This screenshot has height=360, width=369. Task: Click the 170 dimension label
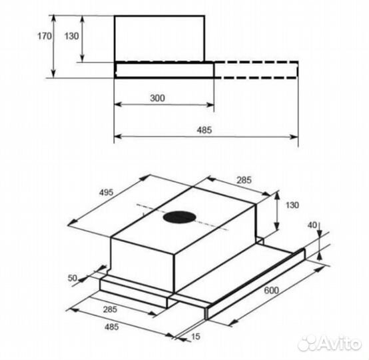pos(45,36)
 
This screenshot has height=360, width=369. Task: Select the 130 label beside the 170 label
pos(72,36)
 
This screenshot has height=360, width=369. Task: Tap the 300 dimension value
pos(157,98)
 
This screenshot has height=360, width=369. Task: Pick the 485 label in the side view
pos(204,130)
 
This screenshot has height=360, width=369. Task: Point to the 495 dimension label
pos(106,192)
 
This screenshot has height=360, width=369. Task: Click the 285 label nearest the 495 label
pos(244,180)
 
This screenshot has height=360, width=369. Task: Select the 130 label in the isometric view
pos(292,205)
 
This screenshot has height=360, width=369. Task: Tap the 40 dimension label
pos(312,225)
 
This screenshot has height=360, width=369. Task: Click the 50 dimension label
pos(72,278)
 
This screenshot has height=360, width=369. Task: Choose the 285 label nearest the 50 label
pos(110,309)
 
